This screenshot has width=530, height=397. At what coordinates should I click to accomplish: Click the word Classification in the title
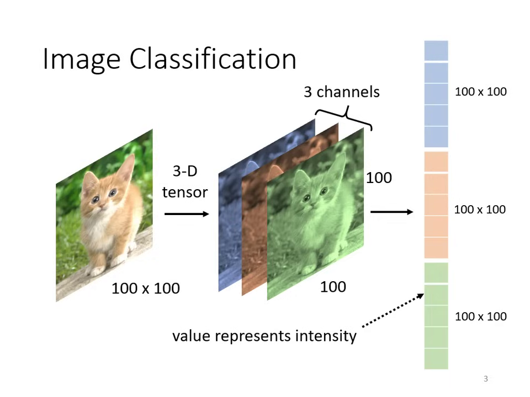pos(213,59)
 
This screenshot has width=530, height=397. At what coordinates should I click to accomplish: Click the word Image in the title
pos(82,60)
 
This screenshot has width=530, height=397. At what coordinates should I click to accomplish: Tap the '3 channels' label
pos(342,92)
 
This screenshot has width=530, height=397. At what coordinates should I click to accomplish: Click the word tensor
pos(185,192)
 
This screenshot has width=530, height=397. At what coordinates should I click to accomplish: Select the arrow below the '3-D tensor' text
pos(187,214)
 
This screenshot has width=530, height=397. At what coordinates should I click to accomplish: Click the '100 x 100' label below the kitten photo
pos(146,288)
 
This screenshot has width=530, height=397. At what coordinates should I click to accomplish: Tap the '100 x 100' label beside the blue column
pos(481,92)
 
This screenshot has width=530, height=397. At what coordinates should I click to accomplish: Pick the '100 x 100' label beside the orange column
pos(480,210)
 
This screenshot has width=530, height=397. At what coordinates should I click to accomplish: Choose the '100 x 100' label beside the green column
pos(481,316)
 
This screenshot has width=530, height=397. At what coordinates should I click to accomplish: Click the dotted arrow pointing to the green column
pos(393,310)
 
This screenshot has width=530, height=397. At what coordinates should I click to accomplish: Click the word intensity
pos(326,336)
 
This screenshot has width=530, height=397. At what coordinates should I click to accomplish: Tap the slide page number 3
pos(486,379)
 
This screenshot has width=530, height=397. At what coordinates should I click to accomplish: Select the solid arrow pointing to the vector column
pos(392,212)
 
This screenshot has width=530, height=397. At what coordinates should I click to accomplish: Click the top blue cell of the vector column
pos(436,51)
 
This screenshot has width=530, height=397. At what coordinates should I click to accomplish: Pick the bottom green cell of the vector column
pos(436,359)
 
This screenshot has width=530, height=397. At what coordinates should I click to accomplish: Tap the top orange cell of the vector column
pos(436,162)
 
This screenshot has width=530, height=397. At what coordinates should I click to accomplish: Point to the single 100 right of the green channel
pos(379,178)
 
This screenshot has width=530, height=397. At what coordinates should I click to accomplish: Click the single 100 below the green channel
pos(333,287)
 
